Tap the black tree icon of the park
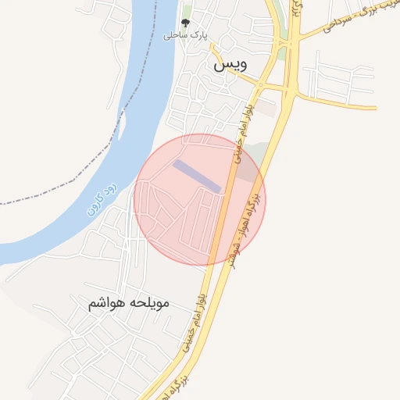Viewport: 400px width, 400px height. click(x=185, y=23)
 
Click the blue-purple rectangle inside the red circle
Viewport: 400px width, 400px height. click(x=198, y=175)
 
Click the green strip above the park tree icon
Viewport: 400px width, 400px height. click(x=187, y=10)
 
